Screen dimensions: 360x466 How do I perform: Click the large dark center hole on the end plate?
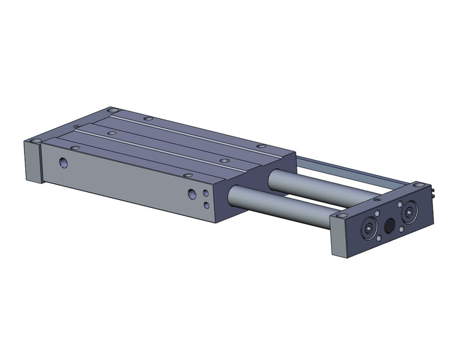(x=389, y=226)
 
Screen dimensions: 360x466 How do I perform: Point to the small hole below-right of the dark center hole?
(x=402, y=229)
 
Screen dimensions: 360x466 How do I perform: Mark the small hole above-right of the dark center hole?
(x=400, y=205)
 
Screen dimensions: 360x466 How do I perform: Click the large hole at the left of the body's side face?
(x=64, y=163)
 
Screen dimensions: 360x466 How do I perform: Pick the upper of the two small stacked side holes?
(x=205, y=193)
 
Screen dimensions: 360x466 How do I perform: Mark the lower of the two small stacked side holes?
(x=206, y=205)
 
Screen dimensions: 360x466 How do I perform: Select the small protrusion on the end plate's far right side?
(x=434, y=193)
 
